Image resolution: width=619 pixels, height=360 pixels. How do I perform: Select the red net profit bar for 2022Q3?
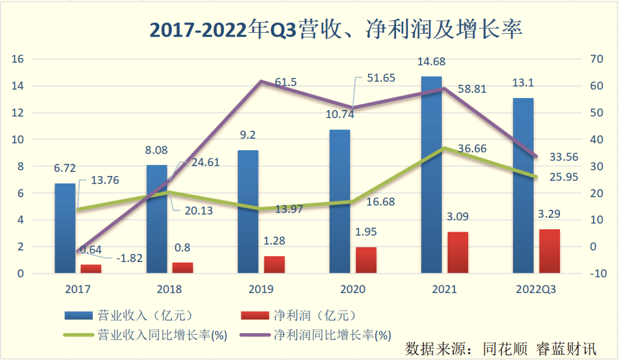pyautogui.click(x=549, y=251)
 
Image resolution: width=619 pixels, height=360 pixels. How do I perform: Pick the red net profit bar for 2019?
pyautogui.click(x=274, y=264)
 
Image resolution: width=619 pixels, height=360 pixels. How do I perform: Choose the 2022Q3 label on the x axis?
pyautogui.click(x=535, y=289)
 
